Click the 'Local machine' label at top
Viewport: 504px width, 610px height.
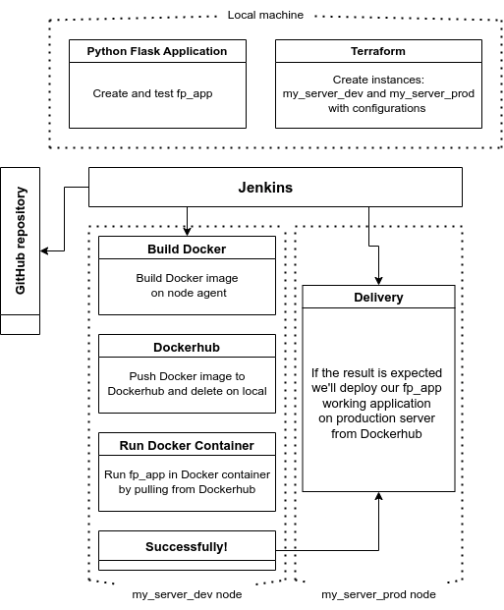click(265, 15)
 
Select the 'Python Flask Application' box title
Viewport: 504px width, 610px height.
click(157, 51)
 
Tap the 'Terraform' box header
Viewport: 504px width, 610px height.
click(378, 51)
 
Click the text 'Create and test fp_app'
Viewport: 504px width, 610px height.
click(152, 93)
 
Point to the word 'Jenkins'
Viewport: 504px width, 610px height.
click(265, 187)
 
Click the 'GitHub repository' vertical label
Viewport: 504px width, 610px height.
click(21, 241)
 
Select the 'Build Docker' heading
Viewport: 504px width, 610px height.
click(187, 249)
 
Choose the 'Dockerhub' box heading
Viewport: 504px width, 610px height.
click(187, 347)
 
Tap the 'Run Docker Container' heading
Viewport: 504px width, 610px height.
click(187, 445)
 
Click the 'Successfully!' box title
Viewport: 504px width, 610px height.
click(187, 545)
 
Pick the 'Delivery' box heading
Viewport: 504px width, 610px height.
click(378, 297)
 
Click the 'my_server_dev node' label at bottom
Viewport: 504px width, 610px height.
click(187, 594)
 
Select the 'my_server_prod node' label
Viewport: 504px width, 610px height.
click(378, 594)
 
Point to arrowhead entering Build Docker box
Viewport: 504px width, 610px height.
click(187, 231)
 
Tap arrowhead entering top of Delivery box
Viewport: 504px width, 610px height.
click(378, 279)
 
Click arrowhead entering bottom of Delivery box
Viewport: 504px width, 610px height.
click(378, 498)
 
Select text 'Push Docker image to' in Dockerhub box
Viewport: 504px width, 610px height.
click(187, 376)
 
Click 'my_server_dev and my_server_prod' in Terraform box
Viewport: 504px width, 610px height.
click(378, 94)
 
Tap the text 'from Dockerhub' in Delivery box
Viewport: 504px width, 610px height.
click(378, 433)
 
